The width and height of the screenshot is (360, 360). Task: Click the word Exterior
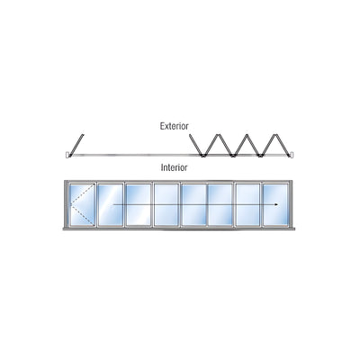click(175, 126)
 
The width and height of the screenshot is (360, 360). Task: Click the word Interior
click(174, 167)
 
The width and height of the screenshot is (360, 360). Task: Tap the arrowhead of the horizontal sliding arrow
click(275, 205)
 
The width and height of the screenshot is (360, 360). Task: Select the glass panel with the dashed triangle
click(82, 204)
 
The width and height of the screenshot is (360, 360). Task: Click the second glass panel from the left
click(110, 204)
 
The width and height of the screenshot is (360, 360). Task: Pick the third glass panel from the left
click(138, 204)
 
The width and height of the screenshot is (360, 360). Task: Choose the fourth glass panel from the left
click(166, 204)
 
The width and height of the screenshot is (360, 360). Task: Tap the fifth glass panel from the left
click(193, 204)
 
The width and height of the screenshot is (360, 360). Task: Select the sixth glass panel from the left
click(220, 204)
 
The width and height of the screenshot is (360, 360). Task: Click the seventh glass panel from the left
click(248, 204)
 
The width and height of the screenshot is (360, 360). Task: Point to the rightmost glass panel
click(274, 204)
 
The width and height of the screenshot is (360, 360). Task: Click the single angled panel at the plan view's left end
click(76, 145)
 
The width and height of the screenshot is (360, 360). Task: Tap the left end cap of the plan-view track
click(67, 155)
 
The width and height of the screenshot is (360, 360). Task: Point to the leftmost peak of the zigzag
click(219, 135)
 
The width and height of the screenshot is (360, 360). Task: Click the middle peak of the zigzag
click(247, 135)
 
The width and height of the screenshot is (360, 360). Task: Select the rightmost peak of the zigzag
click(274, 135)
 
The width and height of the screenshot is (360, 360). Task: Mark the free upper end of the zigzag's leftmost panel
click(190, 135)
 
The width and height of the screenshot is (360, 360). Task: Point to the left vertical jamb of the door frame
click(67, 204)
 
